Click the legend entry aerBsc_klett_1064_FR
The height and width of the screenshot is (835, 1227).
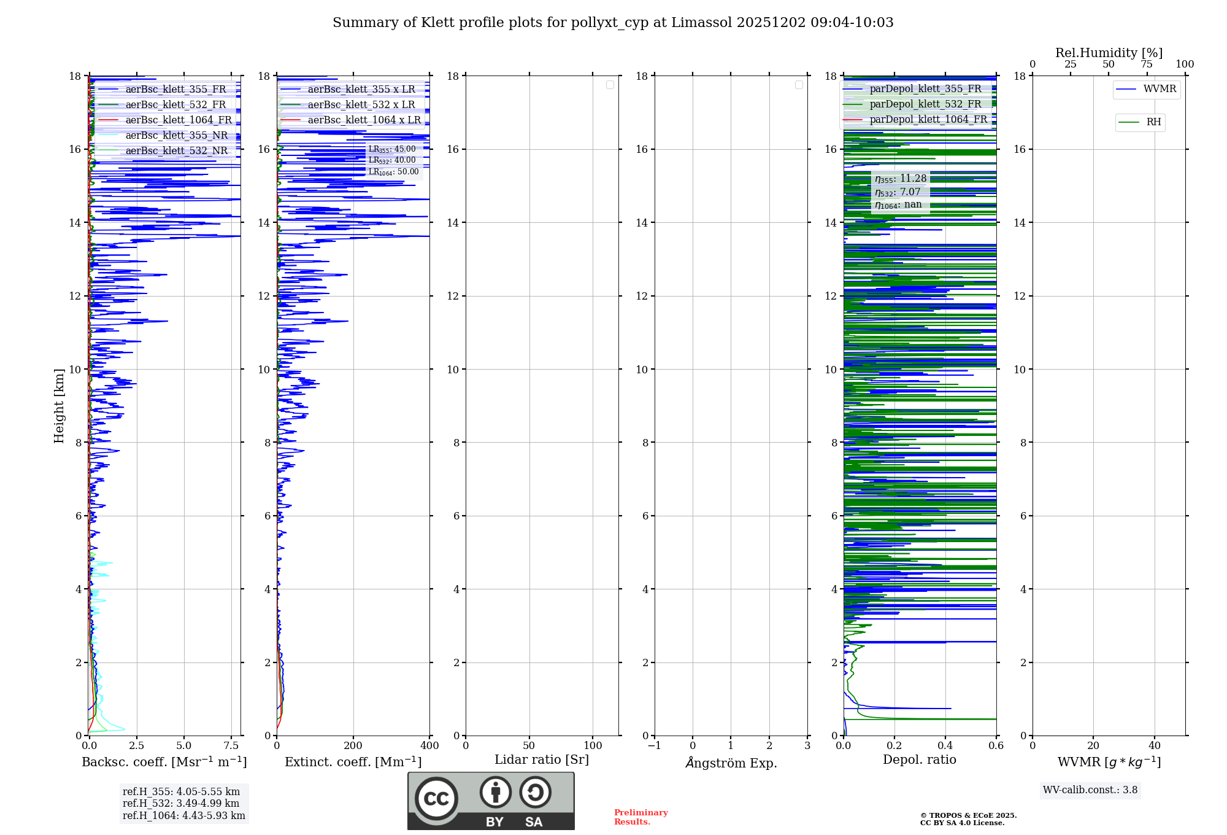[179, 120]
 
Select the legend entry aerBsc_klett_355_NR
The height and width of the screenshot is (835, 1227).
[176, 136]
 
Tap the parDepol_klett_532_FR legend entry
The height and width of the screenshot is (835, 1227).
[925, 104]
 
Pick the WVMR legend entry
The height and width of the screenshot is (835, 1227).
[1160, 89]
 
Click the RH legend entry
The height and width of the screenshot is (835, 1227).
[1153, 122]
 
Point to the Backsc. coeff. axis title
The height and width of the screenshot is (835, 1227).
[164, 762]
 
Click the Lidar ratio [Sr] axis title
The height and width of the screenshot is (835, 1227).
[542, 760]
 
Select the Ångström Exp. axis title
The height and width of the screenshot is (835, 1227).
[731, 763]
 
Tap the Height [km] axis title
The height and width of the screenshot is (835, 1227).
[59, 406]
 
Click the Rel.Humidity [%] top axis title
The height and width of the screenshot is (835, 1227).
[1109, 53]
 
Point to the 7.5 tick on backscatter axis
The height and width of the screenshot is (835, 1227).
[231, 746]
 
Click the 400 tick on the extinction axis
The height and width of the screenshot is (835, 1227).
[429, 746]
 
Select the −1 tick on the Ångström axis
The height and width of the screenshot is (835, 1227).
[655, 746]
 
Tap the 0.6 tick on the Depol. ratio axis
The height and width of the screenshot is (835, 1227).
[996, 746]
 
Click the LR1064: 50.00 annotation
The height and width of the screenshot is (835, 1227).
[393, 172]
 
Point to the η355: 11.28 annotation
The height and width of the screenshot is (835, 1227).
[901, 179]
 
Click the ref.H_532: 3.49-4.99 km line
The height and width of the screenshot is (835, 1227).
[181, 804]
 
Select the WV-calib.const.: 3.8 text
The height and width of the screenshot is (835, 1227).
[1090, 790]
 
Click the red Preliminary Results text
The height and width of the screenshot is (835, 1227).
[640, 817]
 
